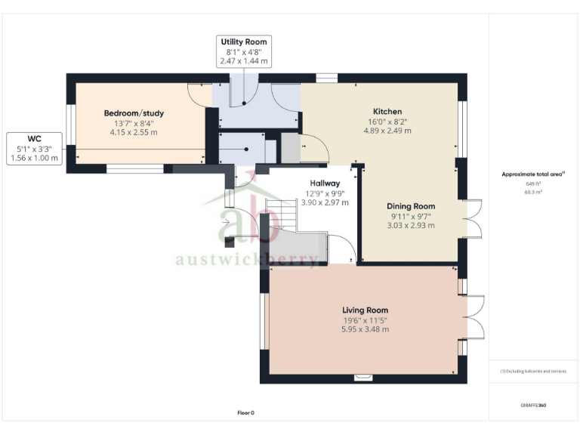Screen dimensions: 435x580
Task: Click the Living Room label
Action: click(365, 310)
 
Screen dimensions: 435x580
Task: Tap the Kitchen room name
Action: click(387, 111)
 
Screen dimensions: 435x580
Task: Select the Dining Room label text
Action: click(411, 206)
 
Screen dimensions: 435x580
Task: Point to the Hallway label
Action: click(325, 183)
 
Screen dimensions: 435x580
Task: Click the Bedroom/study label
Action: click(134, 113)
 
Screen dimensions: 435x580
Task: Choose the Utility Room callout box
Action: click(243, 51)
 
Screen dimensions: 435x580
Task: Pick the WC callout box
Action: click(34, 148)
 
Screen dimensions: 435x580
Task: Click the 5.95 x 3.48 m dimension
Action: click(365, 329)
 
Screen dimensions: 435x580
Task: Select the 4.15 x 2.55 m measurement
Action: click(134, 132)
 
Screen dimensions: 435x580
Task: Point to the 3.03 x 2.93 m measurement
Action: click(411, 225)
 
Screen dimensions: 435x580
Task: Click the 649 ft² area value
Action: click(534, 184)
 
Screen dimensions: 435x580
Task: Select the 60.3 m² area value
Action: click(534, 192)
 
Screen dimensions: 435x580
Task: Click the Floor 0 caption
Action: click(247, 413)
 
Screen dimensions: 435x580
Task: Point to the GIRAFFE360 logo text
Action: click(533, 406)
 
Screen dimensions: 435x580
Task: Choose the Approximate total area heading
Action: click(533, 174)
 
